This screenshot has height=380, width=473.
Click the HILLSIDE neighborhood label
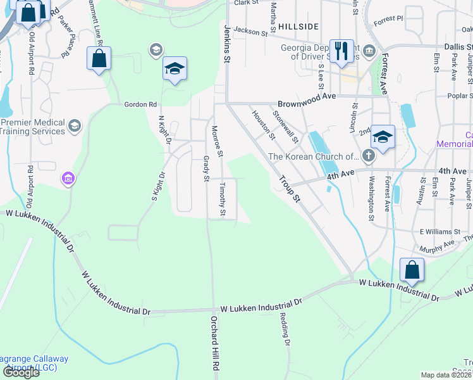coord(297,26)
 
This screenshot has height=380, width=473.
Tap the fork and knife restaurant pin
coord(342,51)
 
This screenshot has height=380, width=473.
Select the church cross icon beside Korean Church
coord(368,156)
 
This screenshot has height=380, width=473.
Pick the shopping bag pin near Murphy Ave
coord(412,270)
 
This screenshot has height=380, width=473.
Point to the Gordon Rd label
coord(140,104)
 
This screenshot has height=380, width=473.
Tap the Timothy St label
coord(222,200)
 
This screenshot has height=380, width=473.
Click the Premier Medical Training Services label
coord(33,127)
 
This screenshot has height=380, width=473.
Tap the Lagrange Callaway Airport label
coord(35,363)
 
